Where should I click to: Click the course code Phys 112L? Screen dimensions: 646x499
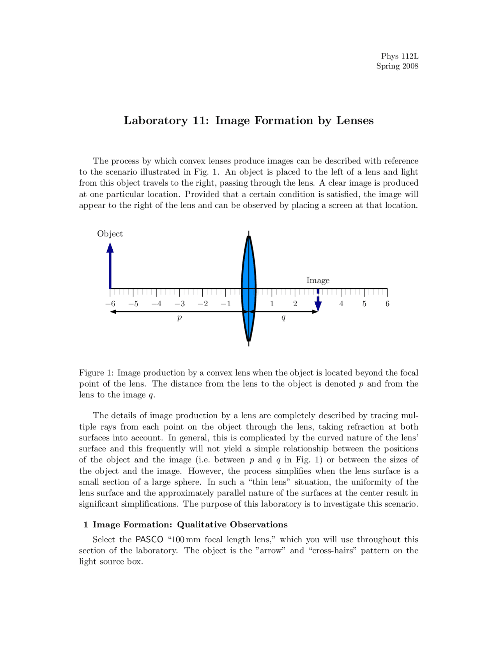pos(400,56)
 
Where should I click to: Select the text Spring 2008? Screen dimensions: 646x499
pos(397,66)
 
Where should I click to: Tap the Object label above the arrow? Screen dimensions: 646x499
pos(110,234)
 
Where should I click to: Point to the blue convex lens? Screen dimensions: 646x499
pos(249,289)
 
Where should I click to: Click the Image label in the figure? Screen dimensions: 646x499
pos(318,280)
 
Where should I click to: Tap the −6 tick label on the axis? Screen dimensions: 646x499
pos(110,304)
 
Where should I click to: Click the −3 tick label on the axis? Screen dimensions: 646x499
pos(180,304)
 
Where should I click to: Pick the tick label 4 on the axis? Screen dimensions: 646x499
pos(341,304)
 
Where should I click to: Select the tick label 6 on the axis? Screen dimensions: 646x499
pos(387,304)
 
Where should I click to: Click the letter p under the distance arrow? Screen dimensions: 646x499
pos(179,318)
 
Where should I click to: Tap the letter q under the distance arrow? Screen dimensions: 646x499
pos(283,318)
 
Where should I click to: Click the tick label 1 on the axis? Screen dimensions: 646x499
pos(272,304)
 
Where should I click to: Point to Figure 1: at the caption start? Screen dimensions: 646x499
pos(96,373)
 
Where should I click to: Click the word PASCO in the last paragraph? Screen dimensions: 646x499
pos(149,540)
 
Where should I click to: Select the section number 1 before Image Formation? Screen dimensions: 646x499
pos(86,525)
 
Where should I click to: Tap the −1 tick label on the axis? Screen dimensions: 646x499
pos(226,304)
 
